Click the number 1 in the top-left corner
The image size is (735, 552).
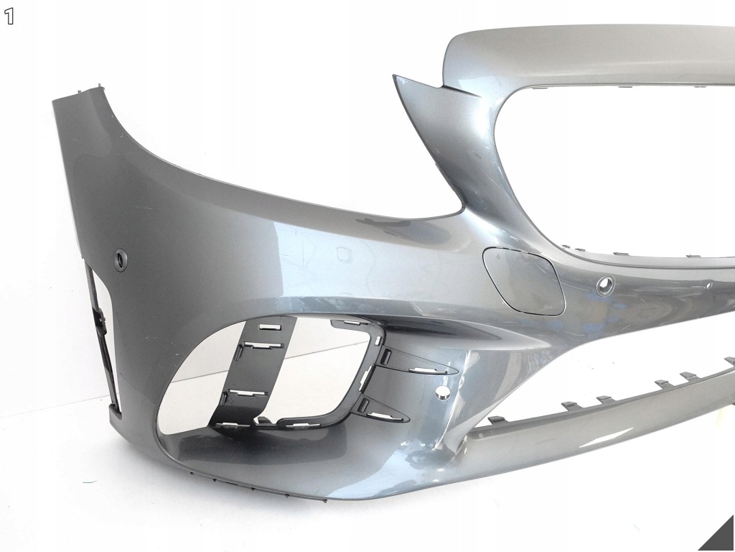tap(9, 17)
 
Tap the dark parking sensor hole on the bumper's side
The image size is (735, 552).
tap(122, 259)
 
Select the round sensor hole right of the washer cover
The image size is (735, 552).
tap(605, 285)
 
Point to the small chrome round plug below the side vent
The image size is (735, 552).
tap(441, 393)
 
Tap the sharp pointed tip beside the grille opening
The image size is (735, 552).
tap(395, 76)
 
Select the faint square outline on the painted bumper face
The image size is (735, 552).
tap(345, 254)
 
